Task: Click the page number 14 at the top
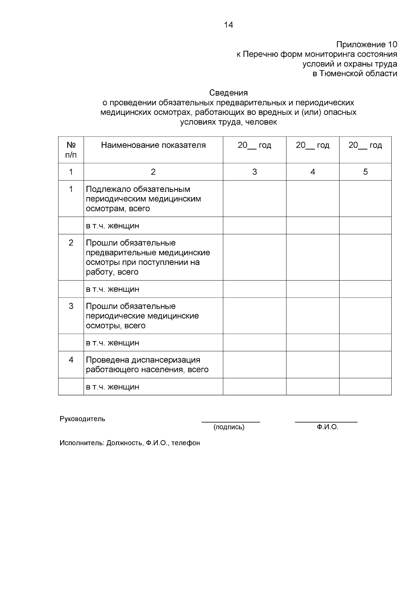pos(228,25)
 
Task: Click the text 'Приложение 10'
pos(366,45)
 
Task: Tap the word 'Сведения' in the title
pos(228,93)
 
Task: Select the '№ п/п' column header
pos(71,149)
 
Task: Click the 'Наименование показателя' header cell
pos(153,145)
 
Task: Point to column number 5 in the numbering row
pos(365,172)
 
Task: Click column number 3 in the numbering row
pos(254,172)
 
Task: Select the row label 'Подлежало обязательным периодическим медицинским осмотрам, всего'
pos(143,199)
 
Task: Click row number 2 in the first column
pos(71,243)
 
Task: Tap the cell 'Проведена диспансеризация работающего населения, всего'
pos(147,365)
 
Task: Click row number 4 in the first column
pos(71,360)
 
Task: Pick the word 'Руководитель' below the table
pos(82,419)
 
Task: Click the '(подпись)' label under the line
pos(229,427)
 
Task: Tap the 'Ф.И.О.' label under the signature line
pos(327,427)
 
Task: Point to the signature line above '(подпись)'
pos(231,422)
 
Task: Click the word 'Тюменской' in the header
pos(339,74)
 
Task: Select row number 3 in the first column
pos(71,306)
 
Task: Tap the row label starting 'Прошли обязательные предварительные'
pos(148,257)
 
